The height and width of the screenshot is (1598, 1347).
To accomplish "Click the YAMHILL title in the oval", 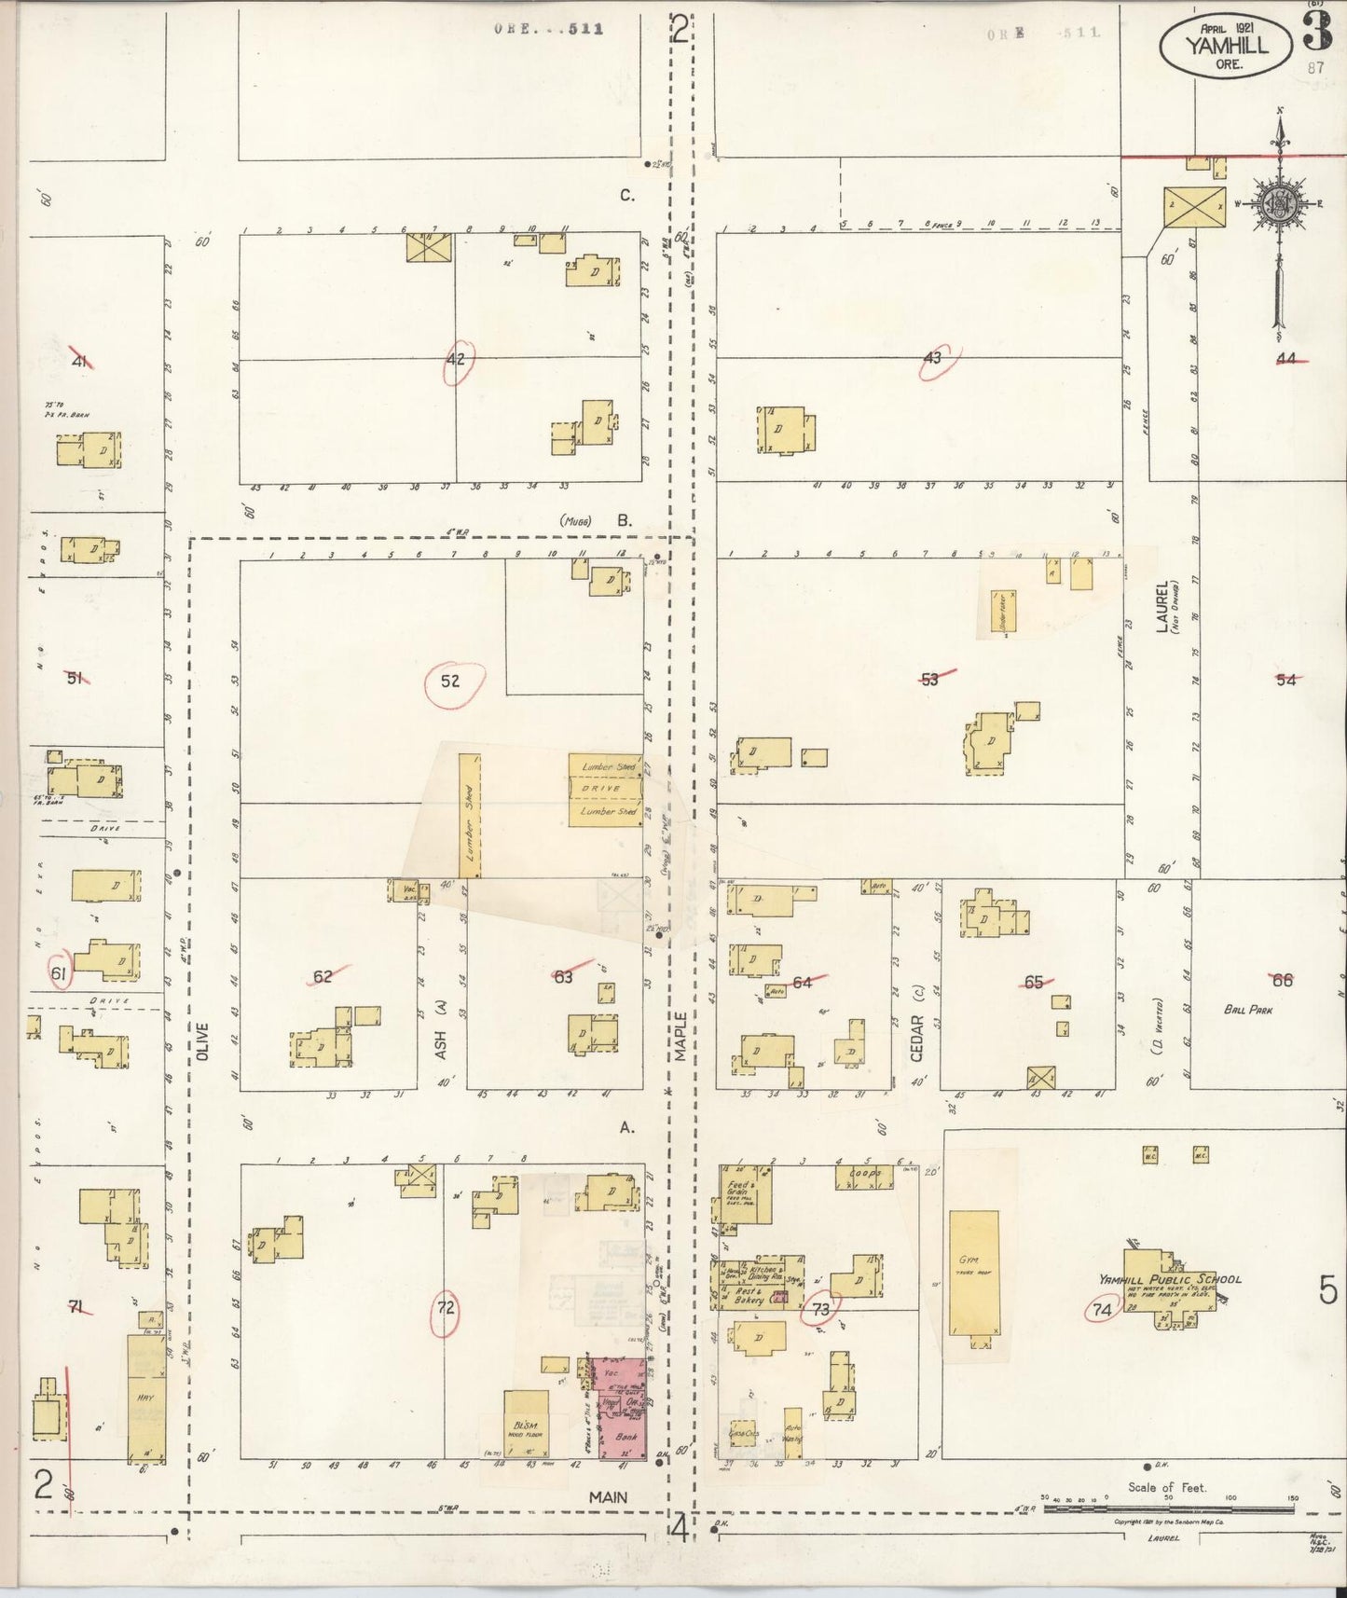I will tap(1227, 44).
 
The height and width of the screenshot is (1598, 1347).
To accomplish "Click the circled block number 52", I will tap(451, 682).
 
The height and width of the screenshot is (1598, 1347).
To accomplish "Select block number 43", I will tap(932, 357).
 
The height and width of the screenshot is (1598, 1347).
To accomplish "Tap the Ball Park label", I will tap(1248, 1009).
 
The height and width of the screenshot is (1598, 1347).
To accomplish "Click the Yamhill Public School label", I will tap(1170, 1279).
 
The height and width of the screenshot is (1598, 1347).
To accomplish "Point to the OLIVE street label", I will tap(203, 1040).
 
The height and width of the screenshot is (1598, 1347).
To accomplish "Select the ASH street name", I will tap(441, 1043).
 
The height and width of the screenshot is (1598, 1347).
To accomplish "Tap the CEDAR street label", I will tap(915, 1037).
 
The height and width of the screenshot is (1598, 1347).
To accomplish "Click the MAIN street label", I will tap(608, 1496).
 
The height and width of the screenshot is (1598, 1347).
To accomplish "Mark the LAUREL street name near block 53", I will tap(1162, 606).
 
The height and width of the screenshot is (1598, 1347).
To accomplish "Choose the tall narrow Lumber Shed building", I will tap(470, 815).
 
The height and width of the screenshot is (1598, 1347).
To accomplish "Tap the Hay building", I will tap(145, 1398).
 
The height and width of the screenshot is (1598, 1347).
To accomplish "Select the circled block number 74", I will tap(1102, 1310).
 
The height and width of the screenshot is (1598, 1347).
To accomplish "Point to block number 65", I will tap(1033, 982).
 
